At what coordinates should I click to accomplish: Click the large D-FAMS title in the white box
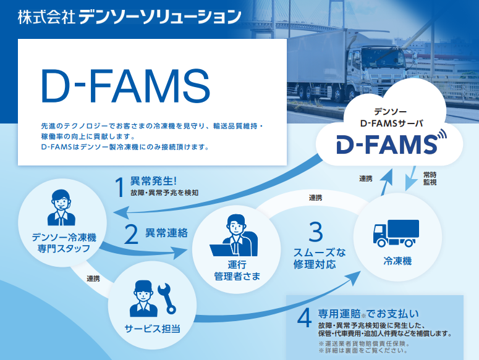point(125,86)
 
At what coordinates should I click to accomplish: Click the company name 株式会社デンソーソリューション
point(130,17)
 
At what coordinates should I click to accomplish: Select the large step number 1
point(119,187)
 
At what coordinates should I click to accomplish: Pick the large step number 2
point(132,234)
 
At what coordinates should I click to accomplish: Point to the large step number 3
point(316,232)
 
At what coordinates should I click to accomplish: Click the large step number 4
point(305,317)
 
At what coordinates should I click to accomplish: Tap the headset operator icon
point(61,207)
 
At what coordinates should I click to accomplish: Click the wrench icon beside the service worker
point(167,298)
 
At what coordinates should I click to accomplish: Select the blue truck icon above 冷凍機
point(396,233)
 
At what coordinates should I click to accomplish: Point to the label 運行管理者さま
point(237,270)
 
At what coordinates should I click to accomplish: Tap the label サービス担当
point(153,329)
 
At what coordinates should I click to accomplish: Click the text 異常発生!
point(153,181)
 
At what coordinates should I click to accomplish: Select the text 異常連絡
point(166,233)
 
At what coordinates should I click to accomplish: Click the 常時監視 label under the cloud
point(430,178)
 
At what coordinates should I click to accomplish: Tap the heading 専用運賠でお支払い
point(368,314)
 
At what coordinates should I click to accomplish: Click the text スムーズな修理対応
point(320,258)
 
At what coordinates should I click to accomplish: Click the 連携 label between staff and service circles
point(93,278)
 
